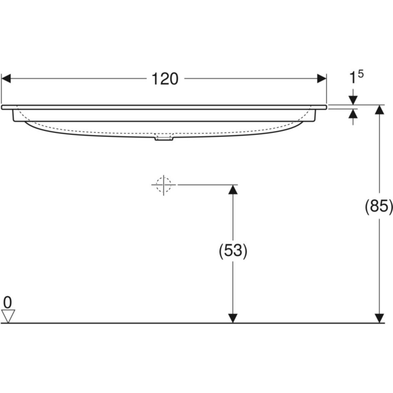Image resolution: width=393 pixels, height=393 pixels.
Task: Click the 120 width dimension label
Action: coord(165,79)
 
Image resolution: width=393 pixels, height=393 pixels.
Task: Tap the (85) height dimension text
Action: coord(379,208)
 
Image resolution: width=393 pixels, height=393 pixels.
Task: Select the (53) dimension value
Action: coord(232,250)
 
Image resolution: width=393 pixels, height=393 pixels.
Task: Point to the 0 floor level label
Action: coord(7,302)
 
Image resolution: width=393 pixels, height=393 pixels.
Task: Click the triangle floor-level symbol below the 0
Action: coord(8,316)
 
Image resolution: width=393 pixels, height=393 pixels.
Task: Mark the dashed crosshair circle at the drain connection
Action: coord(164,185)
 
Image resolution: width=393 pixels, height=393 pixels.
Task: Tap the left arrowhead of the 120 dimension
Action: coord(7,79)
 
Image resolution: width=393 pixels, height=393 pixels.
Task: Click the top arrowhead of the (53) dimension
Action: coord(232,190)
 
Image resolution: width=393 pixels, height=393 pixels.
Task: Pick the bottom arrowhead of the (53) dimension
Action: coord(232,318)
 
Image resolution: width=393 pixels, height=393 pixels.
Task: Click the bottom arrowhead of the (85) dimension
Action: coord(379,318)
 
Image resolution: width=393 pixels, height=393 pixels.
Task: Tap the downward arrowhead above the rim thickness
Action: coord(354,100)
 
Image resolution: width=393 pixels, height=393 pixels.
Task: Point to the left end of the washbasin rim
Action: coord(3,106)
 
